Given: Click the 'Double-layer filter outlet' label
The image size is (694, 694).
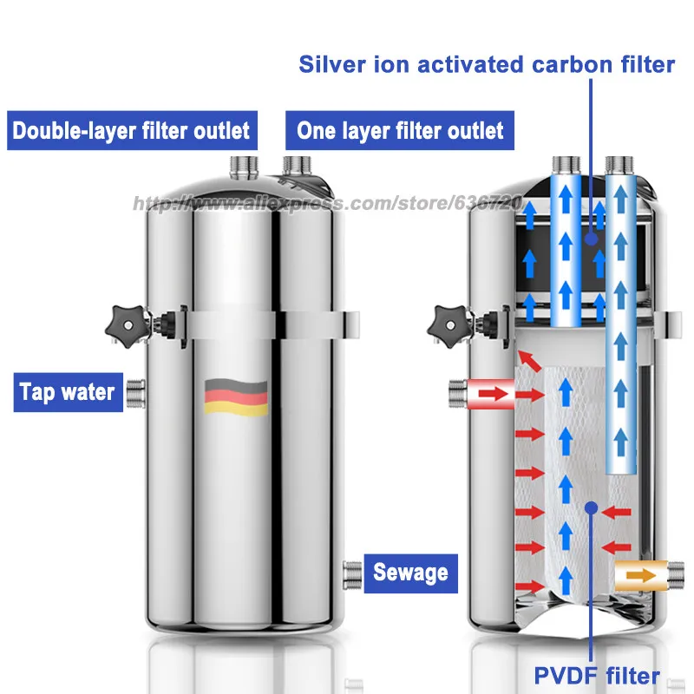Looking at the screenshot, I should point(131,131).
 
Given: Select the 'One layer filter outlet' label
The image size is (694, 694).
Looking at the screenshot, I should point(400,131).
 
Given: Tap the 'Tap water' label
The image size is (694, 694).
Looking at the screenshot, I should point(68,392).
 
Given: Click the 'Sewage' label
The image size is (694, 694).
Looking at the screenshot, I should point(410,572).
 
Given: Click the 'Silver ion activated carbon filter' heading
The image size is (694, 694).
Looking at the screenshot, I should point(487,64).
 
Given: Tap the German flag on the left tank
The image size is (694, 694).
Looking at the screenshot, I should point(236,397).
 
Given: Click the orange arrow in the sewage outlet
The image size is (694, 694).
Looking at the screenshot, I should point(641,574).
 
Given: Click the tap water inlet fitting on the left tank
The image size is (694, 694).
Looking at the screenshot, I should point(134,392).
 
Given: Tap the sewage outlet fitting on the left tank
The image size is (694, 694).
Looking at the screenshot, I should point(351,573).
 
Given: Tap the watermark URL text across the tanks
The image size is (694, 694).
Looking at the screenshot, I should point(325,204).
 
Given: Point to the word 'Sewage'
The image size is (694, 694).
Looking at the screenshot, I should point(410,572).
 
